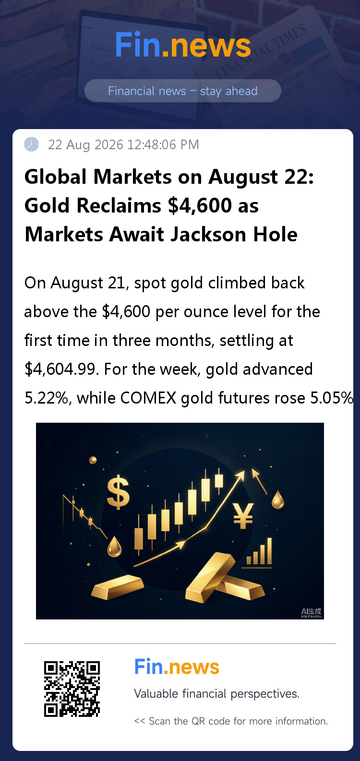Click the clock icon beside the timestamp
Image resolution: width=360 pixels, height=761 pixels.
pyautogui.click(x=31, y=144)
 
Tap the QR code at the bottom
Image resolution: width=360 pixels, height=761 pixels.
pyautogui.click(x=72, y=689)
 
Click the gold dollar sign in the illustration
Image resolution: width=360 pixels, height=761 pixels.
pyautogui.click(x=118, y=492)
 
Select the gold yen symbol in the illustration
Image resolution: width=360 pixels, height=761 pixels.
pyautogui.click(x=243, y=516)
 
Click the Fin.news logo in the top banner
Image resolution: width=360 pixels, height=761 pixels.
pyautogui.click(x=183, y=45)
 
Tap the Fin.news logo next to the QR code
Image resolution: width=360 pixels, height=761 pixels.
pyautogui.click(x=177, y=666)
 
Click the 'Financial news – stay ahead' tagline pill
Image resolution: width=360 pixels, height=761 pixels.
pyautogui.click(x=183, y=91)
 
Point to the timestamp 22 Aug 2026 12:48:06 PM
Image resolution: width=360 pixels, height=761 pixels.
pyautogui.click(x=123, y=145)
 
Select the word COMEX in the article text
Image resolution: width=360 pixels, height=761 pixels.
pyautogui.click(x=148, y=398)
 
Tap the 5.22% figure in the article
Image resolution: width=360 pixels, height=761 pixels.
pyautogui.click(x=46, y=398)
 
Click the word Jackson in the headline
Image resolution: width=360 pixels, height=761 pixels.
pyautogui.click(x=204, y=235)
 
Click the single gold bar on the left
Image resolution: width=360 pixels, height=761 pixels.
pyautogui.click(x=118, y=587)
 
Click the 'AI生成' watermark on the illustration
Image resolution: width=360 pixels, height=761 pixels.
pyautogui.click(x=312, y=613)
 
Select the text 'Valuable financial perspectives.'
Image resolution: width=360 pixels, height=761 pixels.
pyautogui.click(x=217, y=694)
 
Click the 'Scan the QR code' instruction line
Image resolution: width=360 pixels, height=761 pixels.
pyautogui.click(x=231, y=721)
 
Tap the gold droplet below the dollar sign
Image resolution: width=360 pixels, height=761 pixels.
pyautogui.click(x=114, y=546)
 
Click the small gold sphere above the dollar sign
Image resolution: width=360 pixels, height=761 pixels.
pyautogui.click(x=93, y=460)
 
